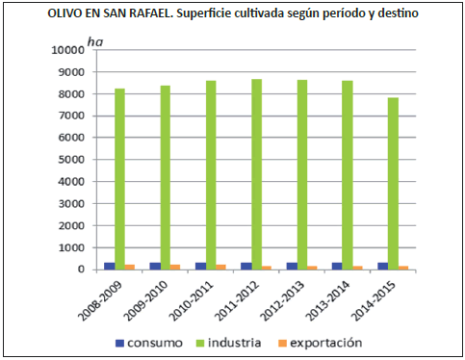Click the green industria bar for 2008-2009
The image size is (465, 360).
click(120, 179)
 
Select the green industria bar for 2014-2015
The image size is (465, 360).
click(393, 184)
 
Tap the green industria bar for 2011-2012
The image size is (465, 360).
click(257, 174)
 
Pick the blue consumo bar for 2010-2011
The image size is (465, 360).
click(201, 266)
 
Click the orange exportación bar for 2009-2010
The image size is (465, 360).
click(175, 267)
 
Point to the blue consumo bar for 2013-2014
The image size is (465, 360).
click(337, 266)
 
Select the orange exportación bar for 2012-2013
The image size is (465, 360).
click(312, 268)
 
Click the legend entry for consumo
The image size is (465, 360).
click(149, 343)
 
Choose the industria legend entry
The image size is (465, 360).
click(228, 343)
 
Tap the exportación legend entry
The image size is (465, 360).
click(321, 343)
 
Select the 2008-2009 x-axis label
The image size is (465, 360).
click(101, 301)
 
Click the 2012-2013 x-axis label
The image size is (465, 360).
click(282, 301)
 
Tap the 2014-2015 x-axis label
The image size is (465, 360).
click(374, 301)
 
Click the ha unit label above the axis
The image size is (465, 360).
click(95, 42)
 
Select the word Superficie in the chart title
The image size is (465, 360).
click(204, 13)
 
